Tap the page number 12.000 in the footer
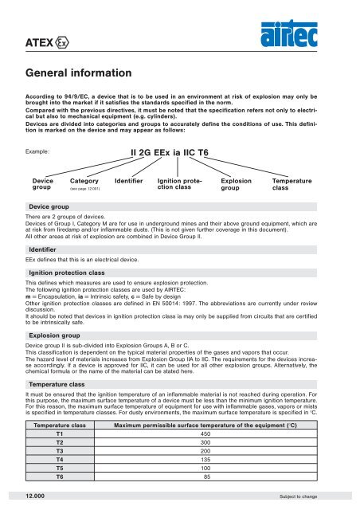(x=40, y=495)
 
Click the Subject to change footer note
(x=318, y=496)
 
